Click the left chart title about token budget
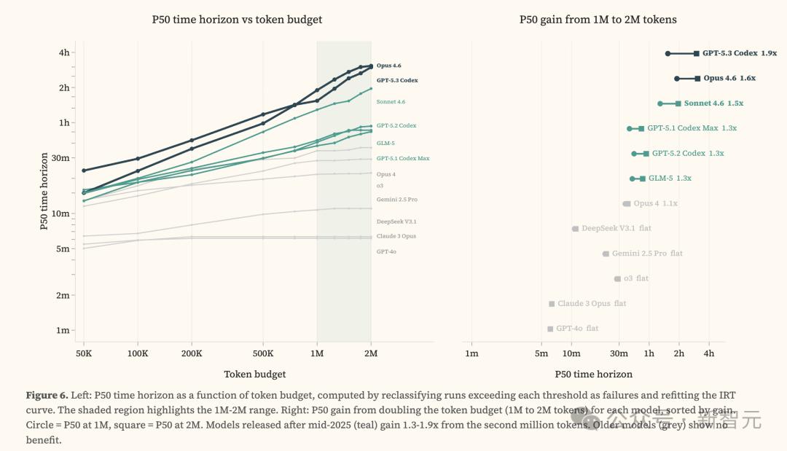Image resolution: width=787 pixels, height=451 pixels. click(x=237, y=20)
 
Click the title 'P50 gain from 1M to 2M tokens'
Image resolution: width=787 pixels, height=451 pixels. click(x=598, y=20)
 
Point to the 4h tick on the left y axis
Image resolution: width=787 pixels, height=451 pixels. click(x=64, y=52)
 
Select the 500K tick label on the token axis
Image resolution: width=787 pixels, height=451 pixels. click(x=263, y=353)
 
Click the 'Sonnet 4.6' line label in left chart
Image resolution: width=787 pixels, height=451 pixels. click(x=391, y=102)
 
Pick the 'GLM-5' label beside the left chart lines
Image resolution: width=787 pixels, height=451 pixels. click(x=385, y=143)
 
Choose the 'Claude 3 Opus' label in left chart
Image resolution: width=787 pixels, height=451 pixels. click(x=396, y=236)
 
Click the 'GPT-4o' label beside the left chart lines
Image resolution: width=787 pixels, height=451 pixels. click(x=386, y=251)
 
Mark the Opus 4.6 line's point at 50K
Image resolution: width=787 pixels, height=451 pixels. click(x=84, y=170)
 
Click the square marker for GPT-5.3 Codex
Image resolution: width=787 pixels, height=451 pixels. click(x=697, y=53)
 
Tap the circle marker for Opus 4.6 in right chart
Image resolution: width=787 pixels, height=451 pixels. click(x=677, y=78)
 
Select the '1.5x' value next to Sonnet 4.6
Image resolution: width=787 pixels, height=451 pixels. click(x=735, y=103)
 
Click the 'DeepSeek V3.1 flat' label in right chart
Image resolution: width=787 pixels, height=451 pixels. click(x=616, y=228)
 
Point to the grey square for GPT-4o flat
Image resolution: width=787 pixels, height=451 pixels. click(x=550, y=329)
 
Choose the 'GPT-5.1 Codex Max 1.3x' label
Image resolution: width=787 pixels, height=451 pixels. click(x=692, y=128)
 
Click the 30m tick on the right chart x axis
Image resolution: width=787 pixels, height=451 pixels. click(x=619, y=353)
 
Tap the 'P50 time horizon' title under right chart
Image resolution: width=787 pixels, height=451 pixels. click(x=593, y=374)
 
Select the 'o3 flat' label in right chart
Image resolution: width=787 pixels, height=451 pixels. click(x=635, y=278)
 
